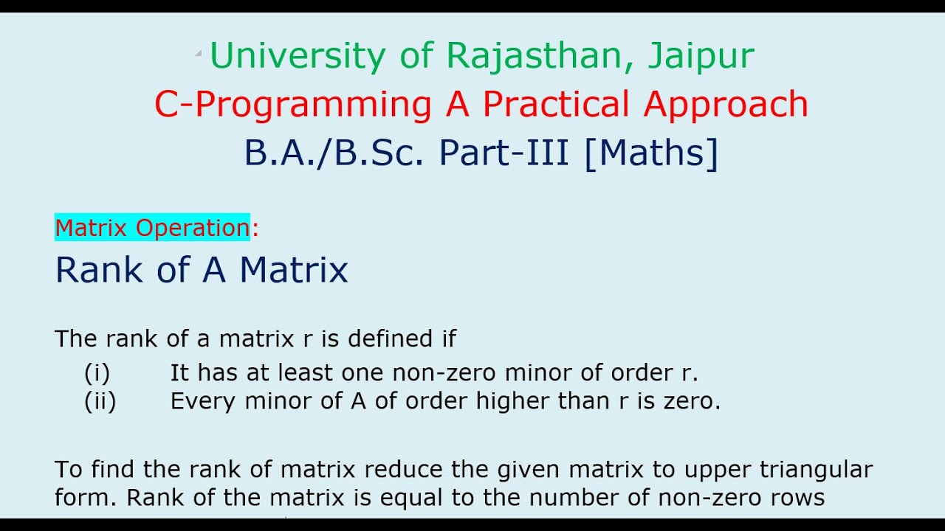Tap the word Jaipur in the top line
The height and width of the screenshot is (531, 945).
[x=701, y=57]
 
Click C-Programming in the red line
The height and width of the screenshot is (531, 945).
[x=292, y=105]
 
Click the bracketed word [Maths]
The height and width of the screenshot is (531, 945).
[x=650, y=153]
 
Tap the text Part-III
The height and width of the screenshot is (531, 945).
[x=504, y=153]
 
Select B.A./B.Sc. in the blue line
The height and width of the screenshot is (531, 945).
[x=334, y=153]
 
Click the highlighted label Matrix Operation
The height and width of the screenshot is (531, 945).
[x=152, y=228]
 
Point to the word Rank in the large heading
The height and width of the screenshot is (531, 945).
[x=100, y=270]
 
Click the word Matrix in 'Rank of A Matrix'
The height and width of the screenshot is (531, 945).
[x=293, y=270]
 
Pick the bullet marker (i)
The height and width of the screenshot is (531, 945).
[x=97, y=373]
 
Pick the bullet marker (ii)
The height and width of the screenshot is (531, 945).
[x=100, y=401]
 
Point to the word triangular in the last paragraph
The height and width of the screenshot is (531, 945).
[x=815, y=469]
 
